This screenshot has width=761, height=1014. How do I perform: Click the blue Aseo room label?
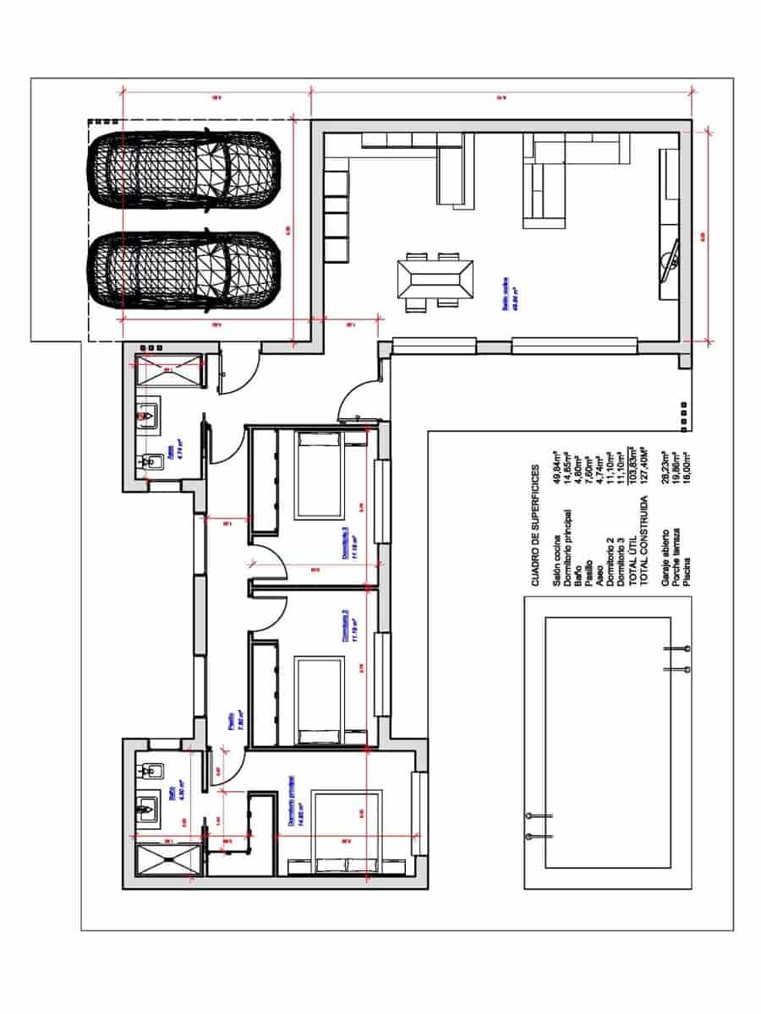click(x=172, y=453)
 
